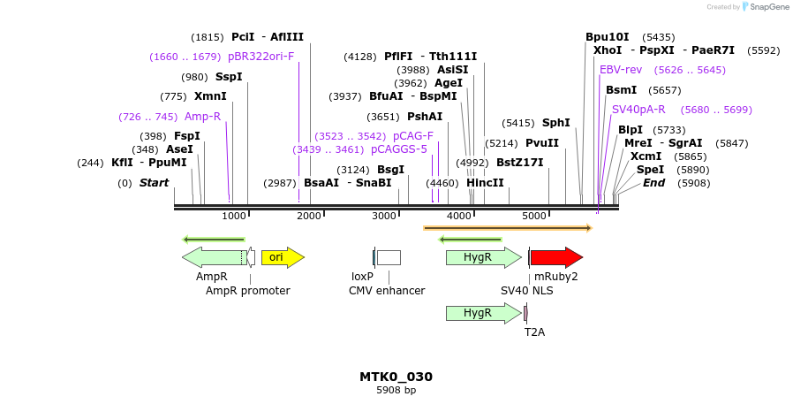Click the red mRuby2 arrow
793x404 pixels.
click(x=555, y=257)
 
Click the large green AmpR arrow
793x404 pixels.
click(x=212, y=257)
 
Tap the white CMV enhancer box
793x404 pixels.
click(x=389, y=257)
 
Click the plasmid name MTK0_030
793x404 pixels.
click(x=396, y=377)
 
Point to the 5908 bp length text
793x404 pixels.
click(x=396, y=390)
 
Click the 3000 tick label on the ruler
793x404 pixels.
click(x=384, y=216)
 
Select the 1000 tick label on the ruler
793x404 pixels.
click(x=234, y=216)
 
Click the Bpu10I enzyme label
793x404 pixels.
click(x=608, y=37)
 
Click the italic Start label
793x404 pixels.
click(x=154, y=183)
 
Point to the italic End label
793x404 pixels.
click(x=653, y=183)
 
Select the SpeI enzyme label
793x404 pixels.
click(x=650, y=170)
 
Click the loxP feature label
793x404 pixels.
click(x=362, y=277)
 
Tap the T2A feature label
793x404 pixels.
click(x=534, y=332)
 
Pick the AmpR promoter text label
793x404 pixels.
click(x=247, y=290)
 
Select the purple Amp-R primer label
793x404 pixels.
click(x=202, y=117)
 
